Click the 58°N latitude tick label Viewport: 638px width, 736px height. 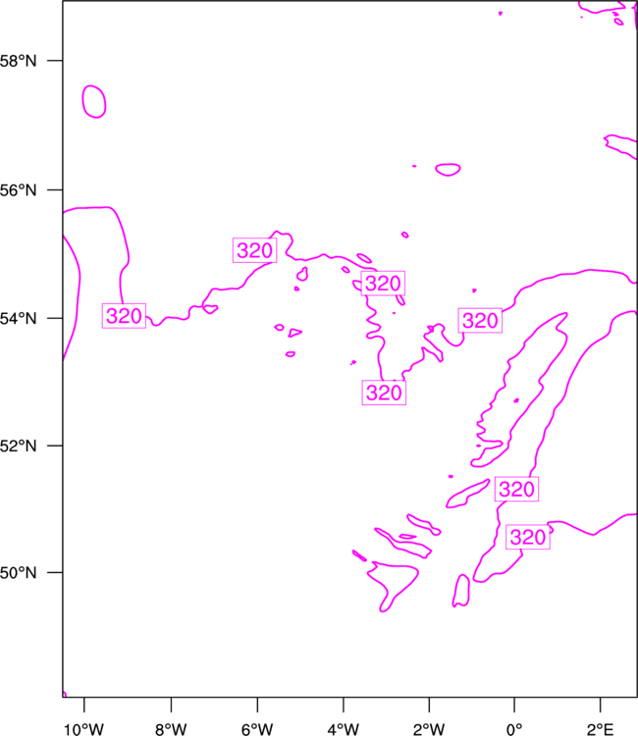pos(18,61)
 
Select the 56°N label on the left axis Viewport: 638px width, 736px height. pos(18,190)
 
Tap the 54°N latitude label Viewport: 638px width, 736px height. pos(18,318)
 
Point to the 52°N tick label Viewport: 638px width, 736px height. pos(18,446)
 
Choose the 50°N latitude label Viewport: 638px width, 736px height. pos(18,573)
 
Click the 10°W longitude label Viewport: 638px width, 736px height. pos(83,729)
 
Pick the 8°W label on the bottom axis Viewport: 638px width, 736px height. pos(171,729)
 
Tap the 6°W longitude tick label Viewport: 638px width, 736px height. pos(257,729)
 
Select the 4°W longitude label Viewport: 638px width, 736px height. pos(344,729)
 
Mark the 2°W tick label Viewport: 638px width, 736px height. pos(429,729)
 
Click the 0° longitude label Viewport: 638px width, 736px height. pos(514,729)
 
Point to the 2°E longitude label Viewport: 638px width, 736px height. pos(600,729)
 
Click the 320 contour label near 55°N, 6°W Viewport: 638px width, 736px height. pos(254,250)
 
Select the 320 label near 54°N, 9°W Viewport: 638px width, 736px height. pos(124,315)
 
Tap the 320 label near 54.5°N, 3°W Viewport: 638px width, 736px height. pos(383,283)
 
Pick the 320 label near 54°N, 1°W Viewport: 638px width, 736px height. pos(480,321)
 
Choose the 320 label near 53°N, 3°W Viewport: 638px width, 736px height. pos(384,393)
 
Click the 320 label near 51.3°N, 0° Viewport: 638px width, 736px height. pos(516,489)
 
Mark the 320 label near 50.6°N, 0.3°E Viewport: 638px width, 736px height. pos(528,537)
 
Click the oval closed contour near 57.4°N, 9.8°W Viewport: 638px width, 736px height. pos(82,101)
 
